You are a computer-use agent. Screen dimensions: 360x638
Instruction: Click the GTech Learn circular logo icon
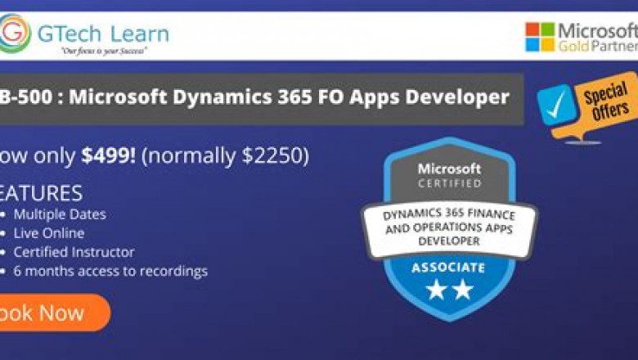click(16, 34)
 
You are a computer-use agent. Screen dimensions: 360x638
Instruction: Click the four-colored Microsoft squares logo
click(540, 37)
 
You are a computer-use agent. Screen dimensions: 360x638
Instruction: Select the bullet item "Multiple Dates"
click(59, 215)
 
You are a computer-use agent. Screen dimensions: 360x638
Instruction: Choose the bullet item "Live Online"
click(48, 233)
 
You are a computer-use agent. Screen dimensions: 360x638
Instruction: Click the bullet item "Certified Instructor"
click(74, 252)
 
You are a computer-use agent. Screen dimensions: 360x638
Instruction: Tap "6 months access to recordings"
click(110, 271)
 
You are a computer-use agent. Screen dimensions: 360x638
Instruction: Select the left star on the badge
click(437, 289)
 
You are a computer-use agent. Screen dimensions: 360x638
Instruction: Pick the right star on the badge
click(463, 289)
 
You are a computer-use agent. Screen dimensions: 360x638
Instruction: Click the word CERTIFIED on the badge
click(450, 183)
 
